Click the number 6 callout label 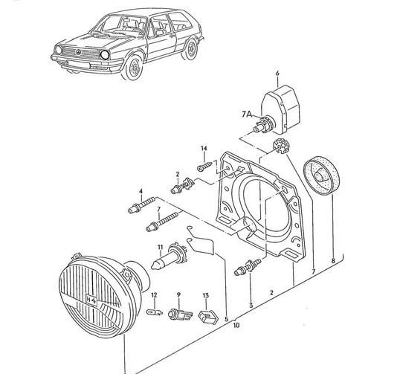coord(277,74)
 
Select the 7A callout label coord(247,114)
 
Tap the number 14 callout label coord(202,149)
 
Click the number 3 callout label coord(251,305)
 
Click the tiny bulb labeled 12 coord(154,316)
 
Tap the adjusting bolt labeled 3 coord(248,268)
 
